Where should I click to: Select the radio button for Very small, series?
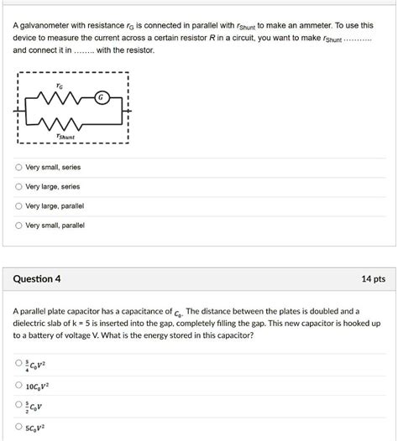click(x=18, y=167)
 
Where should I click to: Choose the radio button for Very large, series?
click(x=18, y=186)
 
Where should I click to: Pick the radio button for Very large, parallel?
click(x=18, y=205)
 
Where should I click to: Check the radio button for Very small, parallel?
click(x=18, y=225)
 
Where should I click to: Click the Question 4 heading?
click(x=38, y=278)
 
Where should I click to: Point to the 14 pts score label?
click(x=373, y=278)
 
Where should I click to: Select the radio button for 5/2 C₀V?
click(x=18, y=407)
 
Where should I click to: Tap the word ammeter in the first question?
click(x=296, y=25)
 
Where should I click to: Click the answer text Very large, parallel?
click(x=55, y=205)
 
